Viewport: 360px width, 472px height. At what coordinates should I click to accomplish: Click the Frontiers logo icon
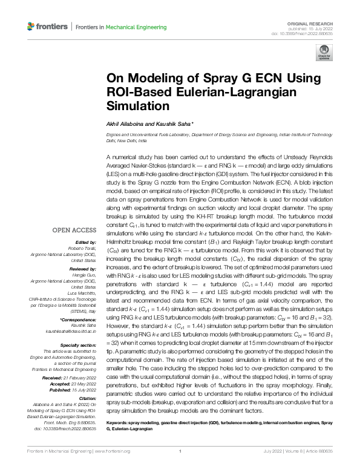coord(31,27)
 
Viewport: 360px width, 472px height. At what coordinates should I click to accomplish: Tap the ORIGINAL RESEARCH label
coord(316,21)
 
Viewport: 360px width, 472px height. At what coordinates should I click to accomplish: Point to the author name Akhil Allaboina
coord(125,123)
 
